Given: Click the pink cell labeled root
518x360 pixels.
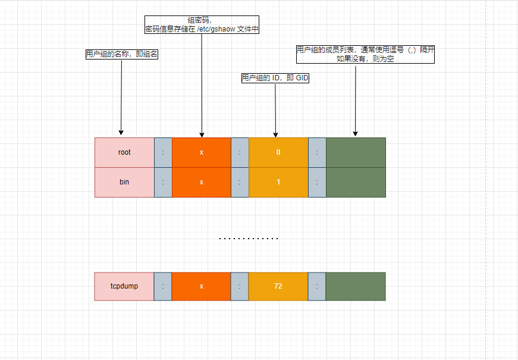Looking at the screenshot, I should [124, 152].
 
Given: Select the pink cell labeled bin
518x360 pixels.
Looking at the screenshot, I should [124, 182].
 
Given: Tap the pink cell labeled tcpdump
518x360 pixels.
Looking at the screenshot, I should [124, 286].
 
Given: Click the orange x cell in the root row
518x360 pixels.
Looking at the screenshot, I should [202, 152].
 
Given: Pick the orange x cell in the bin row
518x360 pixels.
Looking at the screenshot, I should [202, 182].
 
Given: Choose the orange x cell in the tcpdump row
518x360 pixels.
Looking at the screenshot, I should [202, 286].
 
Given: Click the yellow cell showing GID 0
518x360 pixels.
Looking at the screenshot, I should [278, 152].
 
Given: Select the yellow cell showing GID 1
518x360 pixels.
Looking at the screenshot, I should [278, 182].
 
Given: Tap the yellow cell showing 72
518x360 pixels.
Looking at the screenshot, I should [278, 286].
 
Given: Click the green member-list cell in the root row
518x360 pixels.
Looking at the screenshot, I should [356, 152].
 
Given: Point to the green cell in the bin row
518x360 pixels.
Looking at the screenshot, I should [356, 182].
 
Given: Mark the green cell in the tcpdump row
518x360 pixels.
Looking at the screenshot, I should [356, 286].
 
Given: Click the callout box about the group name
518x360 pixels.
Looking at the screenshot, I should [122, 54].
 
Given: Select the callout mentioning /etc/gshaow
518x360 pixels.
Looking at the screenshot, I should [202, 24].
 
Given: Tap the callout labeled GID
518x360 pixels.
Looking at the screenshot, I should [275, 78].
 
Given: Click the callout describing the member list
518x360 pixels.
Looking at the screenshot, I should [365, 54].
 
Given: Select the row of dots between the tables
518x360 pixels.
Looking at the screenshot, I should [249, 239].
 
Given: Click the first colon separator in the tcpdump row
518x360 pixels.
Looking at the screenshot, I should [163, 286].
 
